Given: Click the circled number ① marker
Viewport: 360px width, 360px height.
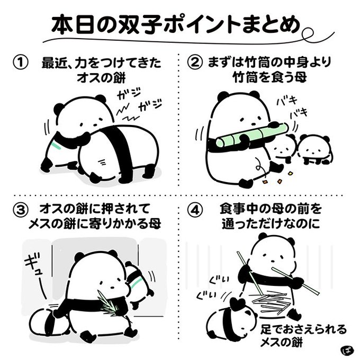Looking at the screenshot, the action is pyautogui.click(x=21, y=62).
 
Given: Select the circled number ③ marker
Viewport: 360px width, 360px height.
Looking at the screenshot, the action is pyautogui.click(x=21, y=210).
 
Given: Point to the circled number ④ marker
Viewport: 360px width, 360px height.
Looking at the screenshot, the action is pyautogui.click(x=195, y=210).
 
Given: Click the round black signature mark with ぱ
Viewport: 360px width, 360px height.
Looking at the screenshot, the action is pyautogui.click(x=346, y=349).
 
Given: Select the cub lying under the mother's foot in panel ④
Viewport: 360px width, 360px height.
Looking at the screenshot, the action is pyautogui.click(x=231, y=320).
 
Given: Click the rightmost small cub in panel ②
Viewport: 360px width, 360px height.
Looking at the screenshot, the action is pyautogui.click(x=314, y=150).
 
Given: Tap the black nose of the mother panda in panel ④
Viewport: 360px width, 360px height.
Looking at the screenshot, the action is pyautogui.click(x=273, y=262).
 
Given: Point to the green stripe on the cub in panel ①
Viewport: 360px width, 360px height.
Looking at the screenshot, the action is pyautogui.click(x=57, y=146).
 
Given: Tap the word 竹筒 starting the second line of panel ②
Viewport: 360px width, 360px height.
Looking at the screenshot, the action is pyautogui.click(x=242, y=77).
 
